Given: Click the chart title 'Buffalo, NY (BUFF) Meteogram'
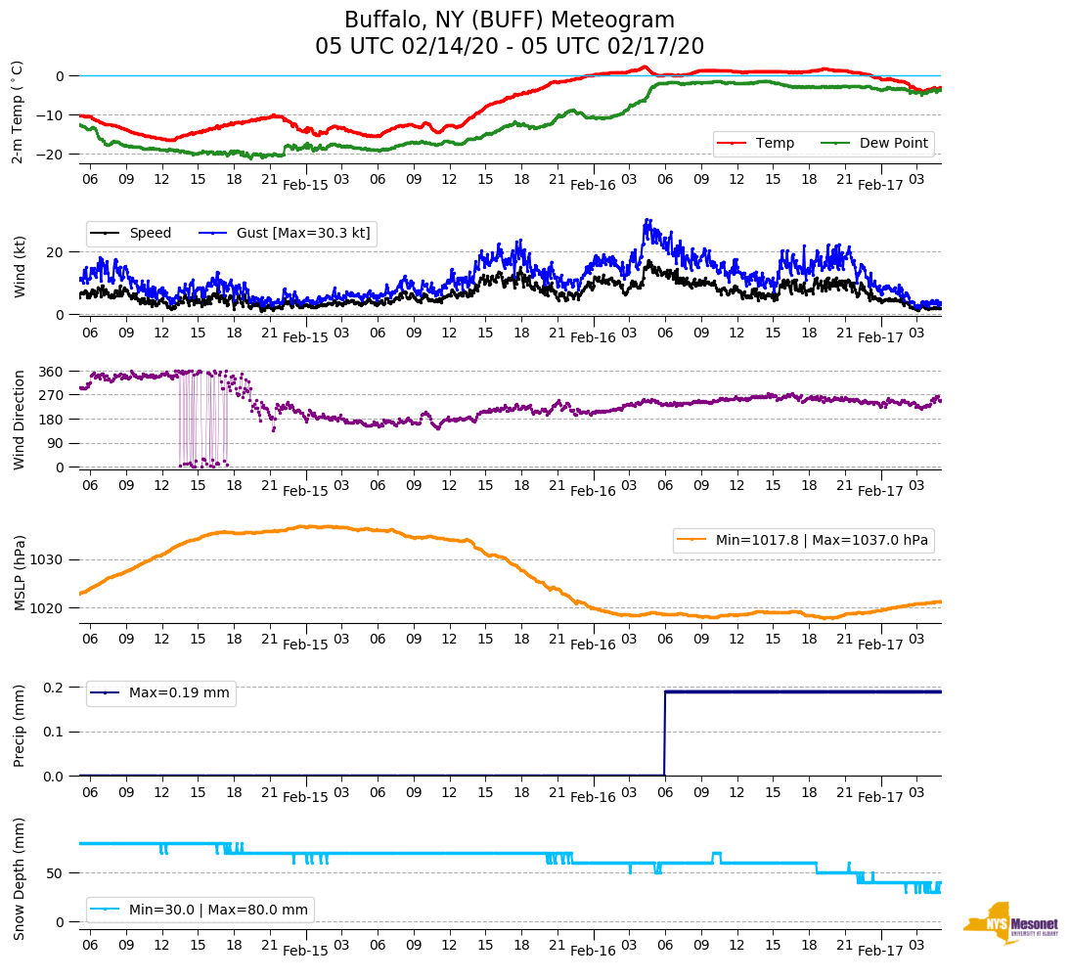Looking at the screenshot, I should (x=510, y=21).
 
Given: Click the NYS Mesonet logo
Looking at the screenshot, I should (x=1009, y=924).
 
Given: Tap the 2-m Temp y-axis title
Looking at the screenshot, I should (x=18, y=111).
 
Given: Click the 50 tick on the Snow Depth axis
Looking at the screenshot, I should (x=58, y=872).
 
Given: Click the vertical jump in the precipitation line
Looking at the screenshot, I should (x=665, y=734).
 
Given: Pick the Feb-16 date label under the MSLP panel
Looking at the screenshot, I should (x=593, y=645).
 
